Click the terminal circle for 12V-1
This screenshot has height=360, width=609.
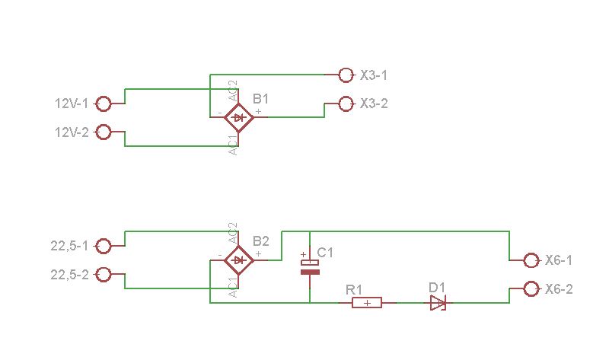tap(104, 104)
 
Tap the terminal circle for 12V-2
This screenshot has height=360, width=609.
tap(104, 132)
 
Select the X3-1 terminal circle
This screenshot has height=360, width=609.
tap(346, 75)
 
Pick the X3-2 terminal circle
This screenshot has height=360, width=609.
tap(346, 104)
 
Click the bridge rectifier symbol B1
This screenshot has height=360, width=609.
tap(239, 117)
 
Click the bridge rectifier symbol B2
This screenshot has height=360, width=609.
tap(239, 260)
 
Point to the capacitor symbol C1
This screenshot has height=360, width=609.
tap(310, 266)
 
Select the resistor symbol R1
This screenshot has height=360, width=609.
tap(367, 302)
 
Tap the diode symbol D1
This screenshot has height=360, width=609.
tap(438, 302)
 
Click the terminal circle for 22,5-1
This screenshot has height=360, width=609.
tap(104, 246)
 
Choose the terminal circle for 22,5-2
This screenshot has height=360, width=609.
tap(104, 275)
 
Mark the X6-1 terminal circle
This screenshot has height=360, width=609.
tap(531, 260)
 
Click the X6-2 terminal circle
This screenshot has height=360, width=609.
tap(531, 289)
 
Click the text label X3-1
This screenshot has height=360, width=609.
tap(374, 75)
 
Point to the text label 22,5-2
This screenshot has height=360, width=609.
tap(69, 275)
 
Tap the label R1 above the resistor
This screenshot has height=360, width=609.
tap(354, 290)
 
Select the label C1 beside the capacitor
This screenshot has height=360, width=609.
tap(325, 253)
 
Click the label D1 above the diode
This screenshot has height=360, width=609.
tap(437, 288)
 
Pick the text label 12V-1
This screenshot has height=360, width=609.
tap(72, 104)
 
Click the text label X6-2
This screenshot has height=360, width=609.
tap(559, 289)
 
